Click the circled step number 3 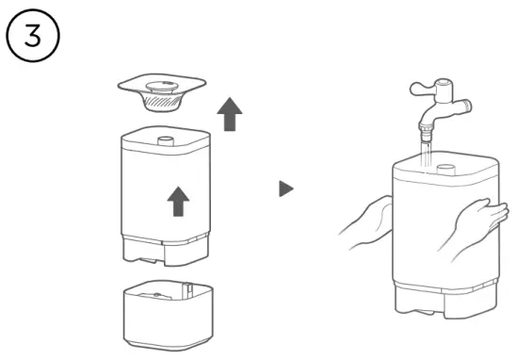(33, 36)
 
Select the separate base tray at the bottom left (165, 313)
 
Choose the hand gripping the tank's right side (480, 225)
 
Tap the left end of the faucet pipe (413, 90)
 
